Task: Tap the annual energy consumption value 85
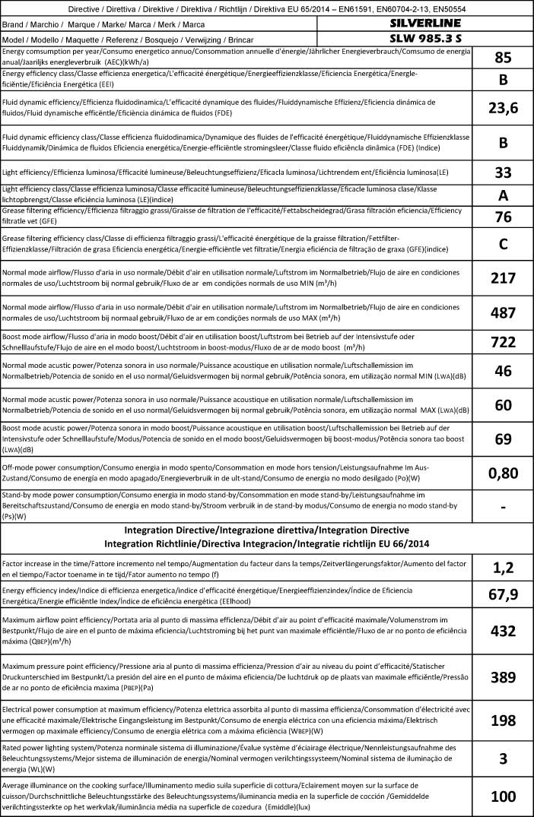point(503,58)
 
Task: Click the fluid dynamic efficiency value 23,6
point(503,108)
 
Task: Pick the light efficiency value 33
point(503,172)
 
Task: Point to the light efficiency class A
point(503,195)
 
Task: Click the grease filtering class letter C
point(503,245)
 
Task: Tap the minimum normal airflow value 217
point(503,278)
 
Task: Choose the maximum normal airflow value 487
point(503,312)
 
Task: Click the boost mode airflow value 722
point(503,341)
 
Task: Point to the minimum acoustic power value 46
point(503,372)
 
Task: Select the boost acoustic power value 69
point(503,439)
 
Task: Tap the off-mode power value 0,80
point(503,473)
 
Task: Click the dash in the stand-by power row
point(503,505)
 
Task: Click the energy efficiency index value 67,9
point(503,594)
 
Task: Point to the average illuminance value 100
point(503,796)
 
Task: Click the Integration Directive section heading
point(267,529)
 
